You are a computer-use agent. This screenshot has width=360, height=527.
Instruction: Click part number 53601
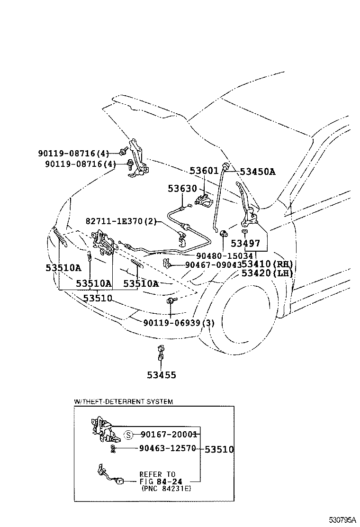[x=204, y=171]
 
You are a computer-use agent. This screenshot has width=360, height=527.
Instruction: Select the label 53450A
[x=257, y=172]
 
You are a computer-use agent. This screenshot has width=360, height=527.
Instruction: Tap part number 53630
[x=182, y=189]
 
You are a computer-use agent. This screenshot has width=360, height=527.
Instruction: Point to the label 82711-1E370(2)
[x=121, y=221]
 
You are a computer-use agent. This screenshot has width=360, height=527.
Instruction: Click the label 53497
[x=245, y=244]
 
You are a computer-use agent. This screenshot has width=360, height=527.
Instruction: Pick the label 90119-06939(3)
[x=179, y=323]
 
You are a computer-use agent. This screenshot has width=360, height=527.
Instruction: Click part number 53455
[x=161, y=375]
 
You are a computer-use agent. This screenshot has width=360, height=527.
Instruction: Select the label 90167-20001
[x=168, y=434]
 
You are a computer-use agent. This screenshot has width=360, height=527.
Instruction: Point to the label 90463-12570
[x=168, y=448]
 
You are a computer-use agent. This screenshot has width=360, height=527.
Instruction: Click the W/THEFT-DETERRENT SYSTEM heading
[x=123, y=401]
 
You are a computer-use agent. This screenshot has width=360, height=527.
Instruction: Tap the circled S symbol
[x=128, y=435]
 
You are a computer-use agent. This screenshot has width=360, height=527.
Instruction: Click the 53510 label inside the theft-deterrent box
[x=219, y=449]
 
